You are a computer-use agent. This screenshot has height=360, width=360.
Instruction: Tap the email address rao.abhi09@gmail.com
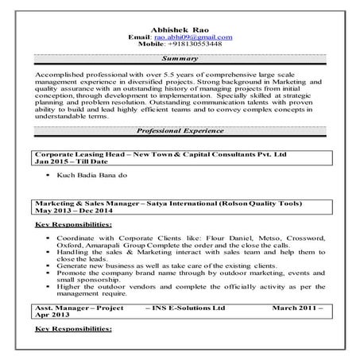(x=193, y=37)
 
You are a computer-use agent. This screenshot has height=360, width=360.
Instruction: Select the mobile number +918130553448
(x=193, y=45)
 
